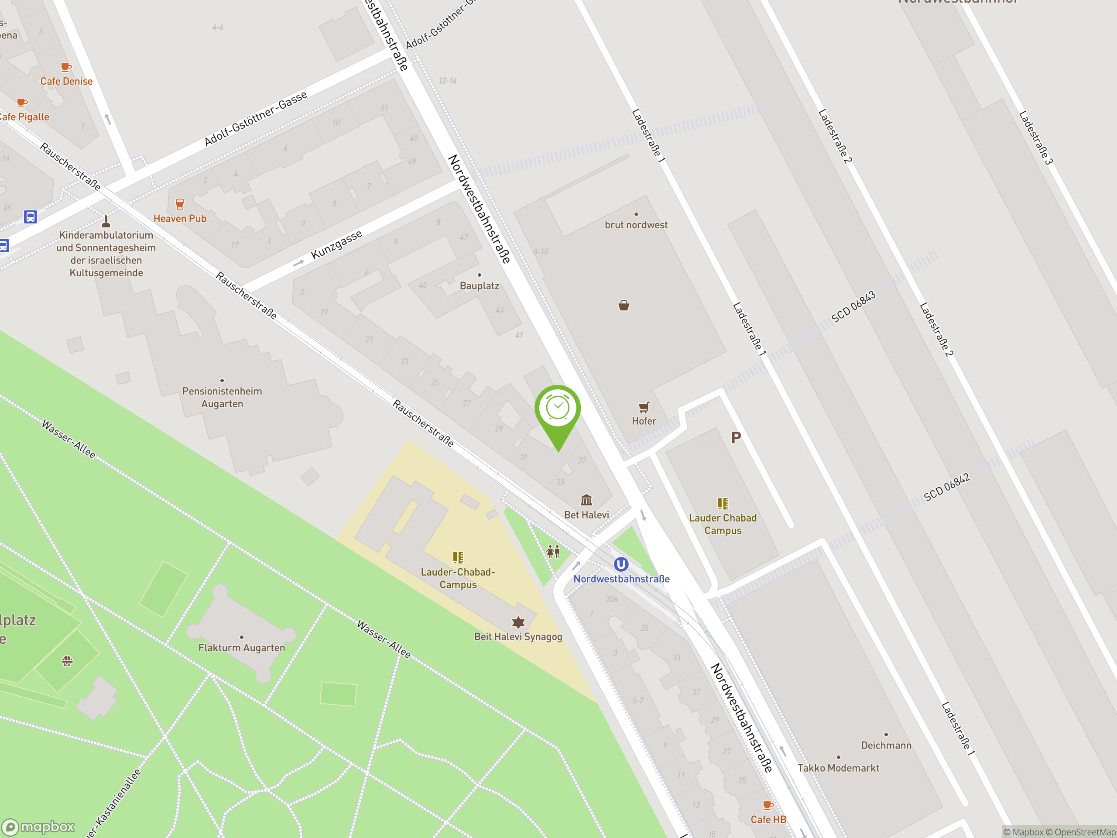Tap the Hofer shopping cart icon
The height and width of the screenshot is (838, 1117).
644,407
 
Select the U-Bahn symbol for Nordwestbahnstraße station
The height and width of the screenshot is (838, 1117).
620,564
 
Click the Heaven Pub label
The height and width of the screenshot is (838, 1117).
180,219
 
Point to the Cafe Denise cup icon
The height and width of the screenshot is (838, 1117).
65,67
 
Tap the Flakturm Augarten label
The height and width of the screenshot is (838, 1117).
241,648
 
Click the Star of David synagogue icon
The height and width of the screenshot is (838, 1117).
518,622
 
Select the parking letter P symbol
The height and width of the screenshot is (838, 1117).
736,437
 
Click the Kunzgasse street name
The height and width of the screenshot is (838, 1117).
336,244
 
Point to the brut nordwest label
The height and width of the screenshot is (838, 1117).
636,225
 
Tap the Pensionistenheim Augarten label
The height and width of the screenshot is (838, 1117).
222,397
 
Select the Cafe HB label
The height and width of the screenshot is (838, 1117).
768,819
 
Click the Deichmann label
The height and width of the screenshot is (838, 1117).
886,745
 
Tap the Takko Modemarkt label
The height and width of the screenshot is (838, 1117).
838,768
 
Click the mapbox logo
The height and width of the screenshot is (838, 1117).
38,827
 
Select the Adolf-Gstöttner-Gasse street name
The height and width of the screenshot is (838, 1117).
256,119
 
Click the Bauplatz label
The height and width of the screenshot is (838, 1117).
479,285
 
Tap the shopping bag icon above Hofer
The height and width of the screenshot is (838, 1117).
624,305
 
